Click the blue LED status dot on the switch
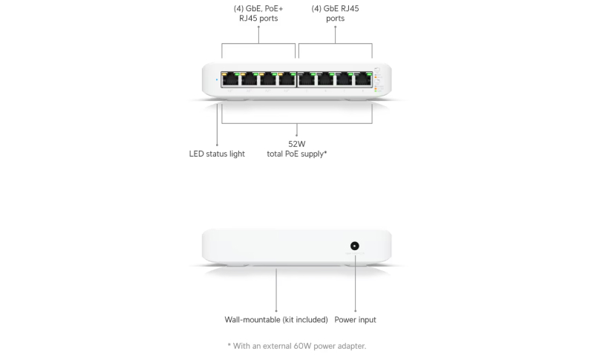coord(216,79)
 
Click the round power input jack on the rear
coord(355,246)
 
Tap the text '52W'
coord(297,143)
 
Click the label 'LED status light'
coord(217,154)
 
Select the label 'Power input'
coord(356,320)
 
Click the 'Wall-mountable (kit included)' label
coord(276,320)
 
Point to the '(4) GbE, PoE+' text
coord(258,8)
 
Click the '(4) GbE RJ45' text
coord(336,8)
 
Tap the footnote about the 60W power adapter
coord(297,346)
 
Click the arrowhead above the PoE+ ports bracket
coord(258,27)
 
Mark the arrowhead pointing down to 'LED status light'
coord(217,143)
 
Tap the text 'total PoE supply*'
coord(297,154)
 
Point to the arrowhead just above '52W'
coord(297,134)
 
